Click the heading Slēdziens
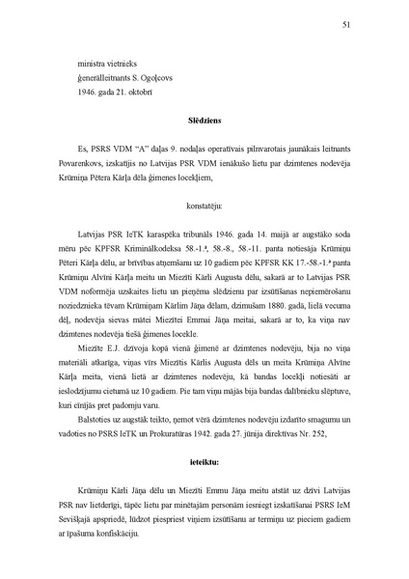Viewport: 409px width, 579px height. tap(204, 122)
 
